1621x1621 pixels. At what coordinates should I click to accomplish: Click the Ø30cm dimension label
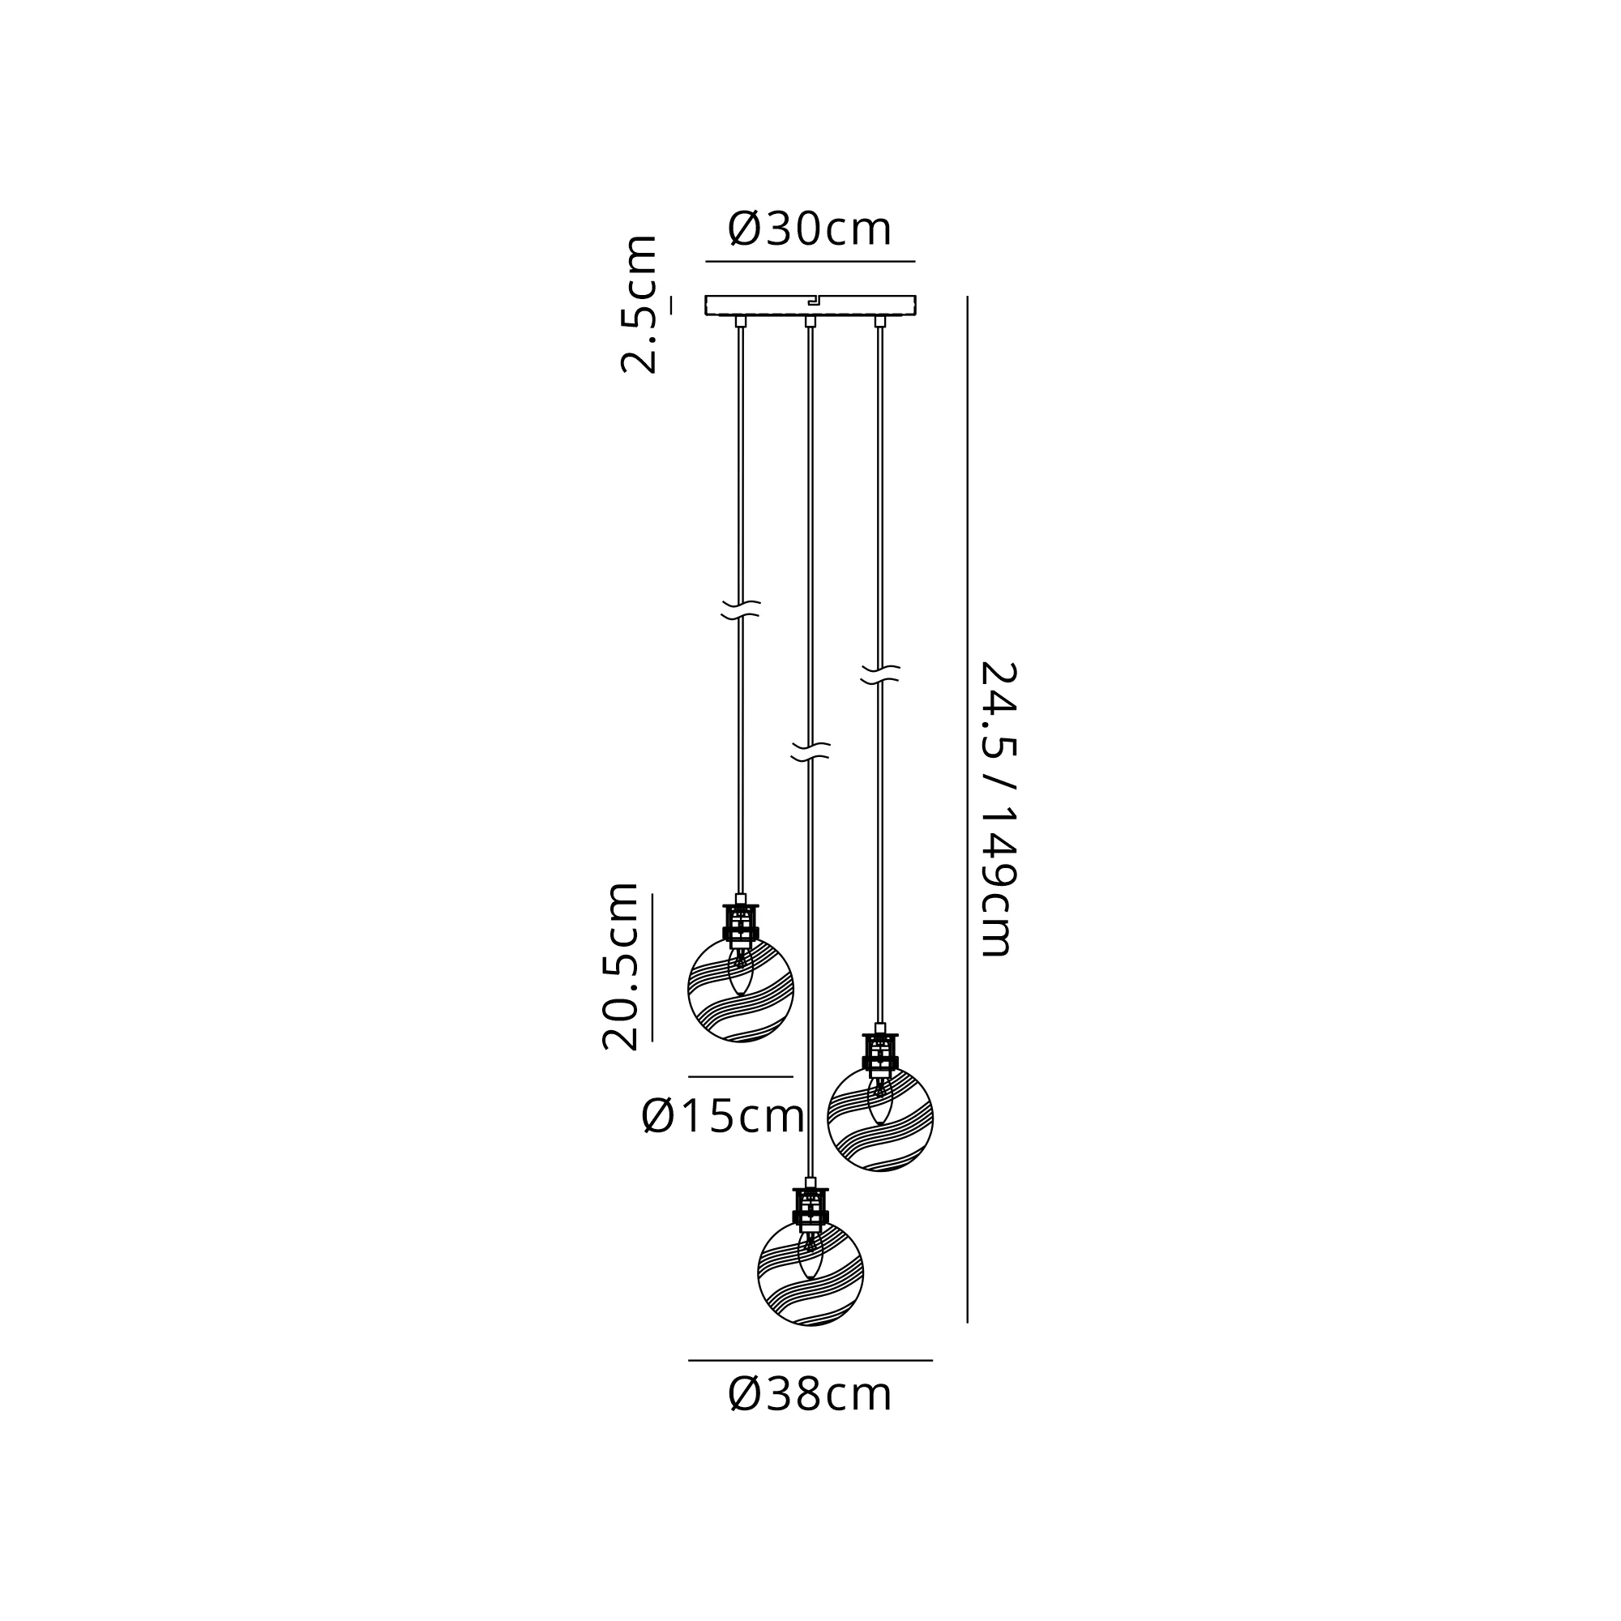coord(810,229)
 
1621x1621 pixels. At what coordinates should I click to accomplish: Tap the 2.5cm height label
coord(639,304)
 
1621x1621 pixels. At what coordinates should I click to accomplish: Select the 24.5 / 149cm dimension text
coord(999,810)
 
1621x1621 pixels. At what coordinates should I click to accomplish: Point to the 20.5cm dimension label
coord(621,967)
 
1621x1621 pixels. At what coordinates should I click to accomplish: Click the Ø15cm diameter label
coord(723,1117)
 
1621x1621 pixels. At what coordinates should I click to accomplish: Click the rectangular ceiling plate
coord(810,306)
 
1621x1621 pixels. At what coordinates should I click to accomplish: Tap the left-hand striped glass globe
coord(740,990)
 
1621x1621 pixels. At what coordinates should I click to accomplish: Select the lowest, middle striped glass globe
coord(810,1273)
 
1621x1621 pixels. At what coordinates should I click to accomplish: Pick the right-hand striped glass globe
coord(880,1118)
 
